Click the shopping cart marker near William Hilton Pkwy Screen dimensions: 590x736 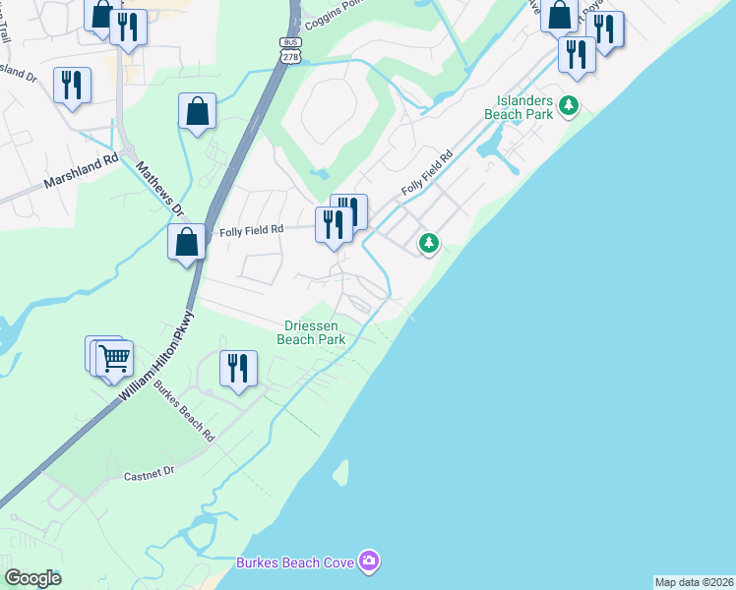pos(114,359)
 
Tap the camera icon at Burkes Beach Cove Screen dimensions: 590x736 pos(369,561)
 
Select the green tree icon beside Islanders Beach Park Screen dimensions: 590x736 pos(568,105)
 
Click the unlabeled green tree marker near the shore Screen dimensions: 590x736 pos(428,241)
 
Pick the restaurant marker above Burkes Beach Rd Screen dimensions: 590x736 pos(238,368)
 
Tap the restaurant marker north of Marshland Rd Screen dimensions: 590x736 pos(72,85)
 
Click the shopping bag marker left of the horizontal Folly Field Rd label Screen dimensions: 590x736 pos(186,241)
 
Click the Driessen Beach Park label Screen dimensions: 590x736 pos(314,332)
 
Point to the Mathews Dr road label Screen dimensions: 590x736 pos(160,189)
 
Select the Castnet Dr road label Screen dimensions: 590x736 pos(149,474)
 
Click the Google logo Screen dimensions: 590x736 pos(32,577)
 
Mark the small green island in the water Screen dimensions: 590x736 pos(341,473)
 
